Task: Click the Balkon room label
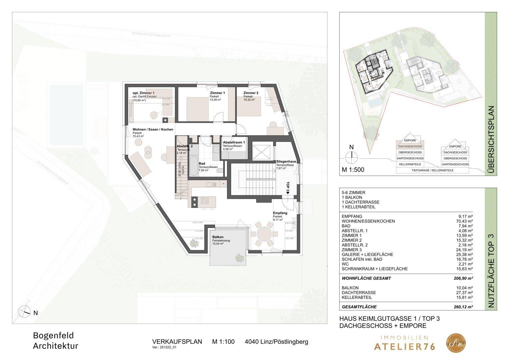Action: click(x=217, y=237)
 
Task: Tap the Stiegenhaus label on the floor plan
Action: click(x=285, y=161)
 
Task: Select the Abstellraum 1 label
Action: click(x=234, y=142)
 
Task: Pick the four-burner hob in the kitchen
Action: click(x=204, y=200)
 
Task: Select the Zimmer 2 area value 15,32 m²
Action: click(x=249, y=100)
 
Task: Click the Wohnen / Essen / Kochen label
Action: click(x=153, y=129)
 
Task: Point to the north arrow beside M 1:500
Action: click(x=351, y=156)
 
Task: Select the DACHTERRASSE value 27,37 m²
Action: click(x=465, y=293)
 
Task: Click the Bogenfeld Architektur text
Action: click(x=55, y=340)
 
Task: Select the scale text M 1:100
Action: click(x=223, y=342)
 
